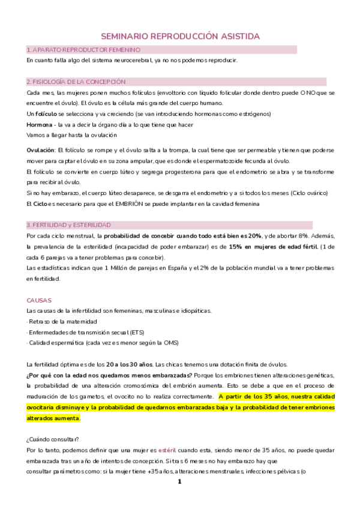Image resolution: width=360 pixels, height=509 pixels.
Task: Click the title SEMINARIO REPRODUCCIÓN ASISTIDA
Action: [180, 37]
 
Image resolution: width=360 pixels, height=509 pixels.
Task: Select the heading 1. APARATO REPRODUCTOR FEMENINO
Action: [84, 49]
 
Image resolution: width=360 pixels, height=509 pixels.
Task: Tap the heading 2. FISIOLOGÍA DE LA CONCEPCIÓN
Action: [76, 82]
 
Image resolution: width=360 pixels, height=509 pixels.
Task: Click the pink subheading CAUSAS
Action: [39, 299]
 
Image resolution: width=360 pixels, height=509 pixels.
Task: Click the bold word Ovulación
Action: [41, 150]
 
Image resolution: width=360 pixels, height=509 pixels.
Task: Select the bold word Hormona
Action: [40, 125]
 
